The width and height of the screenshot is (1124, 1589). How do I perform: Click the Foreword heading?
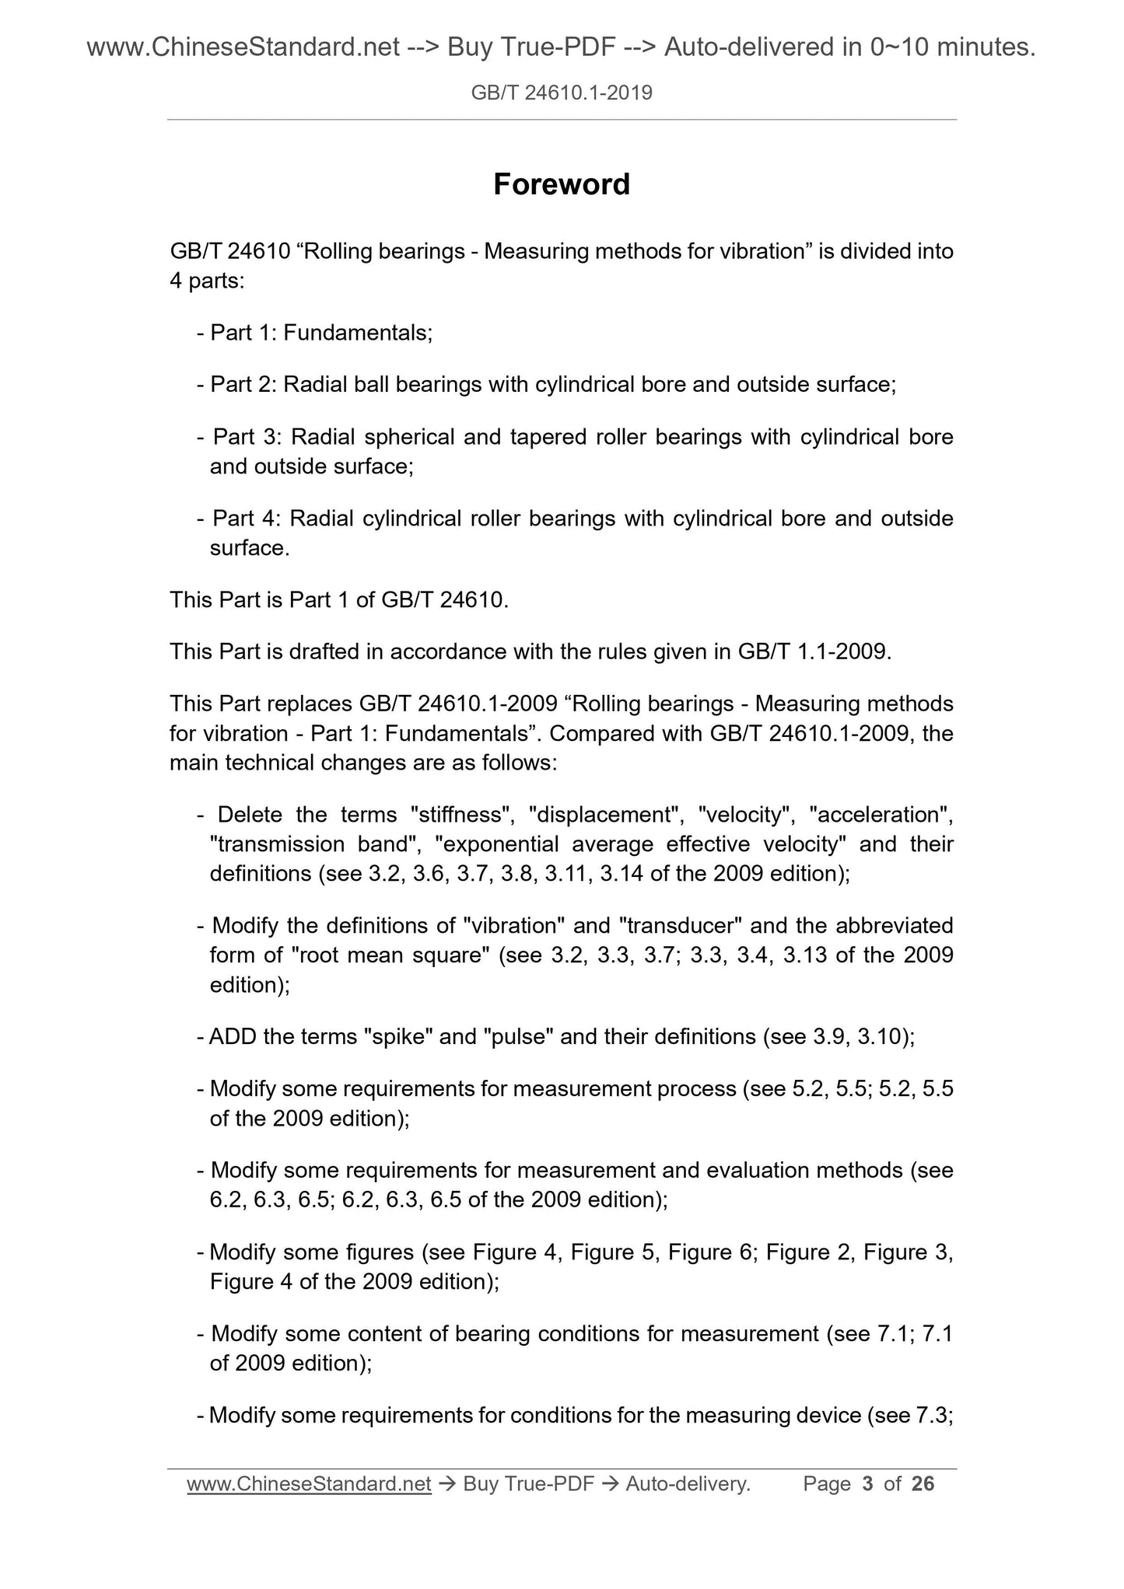coord(562,185)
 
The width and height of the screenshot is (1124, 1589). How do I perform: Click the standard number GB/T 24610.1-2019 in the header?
coord(562,94)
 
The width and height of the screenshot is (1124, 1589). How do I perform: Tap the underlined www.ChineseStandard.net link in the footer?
coord(309,1484)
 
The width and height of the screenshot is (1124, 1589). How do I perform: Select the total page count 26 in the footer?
coord(923,1484)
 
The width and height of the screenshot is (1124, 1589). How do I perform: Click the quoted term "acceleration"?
coord(881,815)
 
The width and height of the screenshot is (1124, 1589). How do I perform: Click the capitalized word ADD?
coord(233,1036)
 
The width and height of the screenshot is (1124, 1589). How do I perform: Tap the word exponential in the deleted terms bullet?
coord(499,844)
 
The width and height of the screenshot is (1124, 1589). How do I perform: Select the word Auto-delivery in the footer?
coord(687,1484)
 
